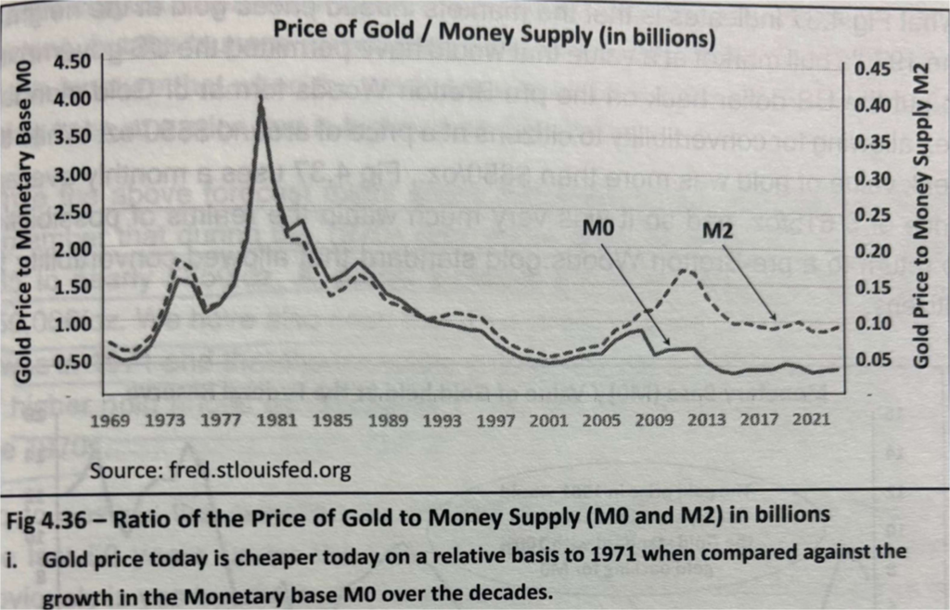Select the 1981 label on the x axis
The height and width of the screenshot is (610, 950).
[x=276, y=421]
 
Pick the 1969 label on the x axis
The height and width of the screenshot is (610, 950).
[x=113, y=421]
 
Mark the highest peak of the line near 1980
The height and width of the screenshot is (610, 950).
[x=262, y=97]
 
